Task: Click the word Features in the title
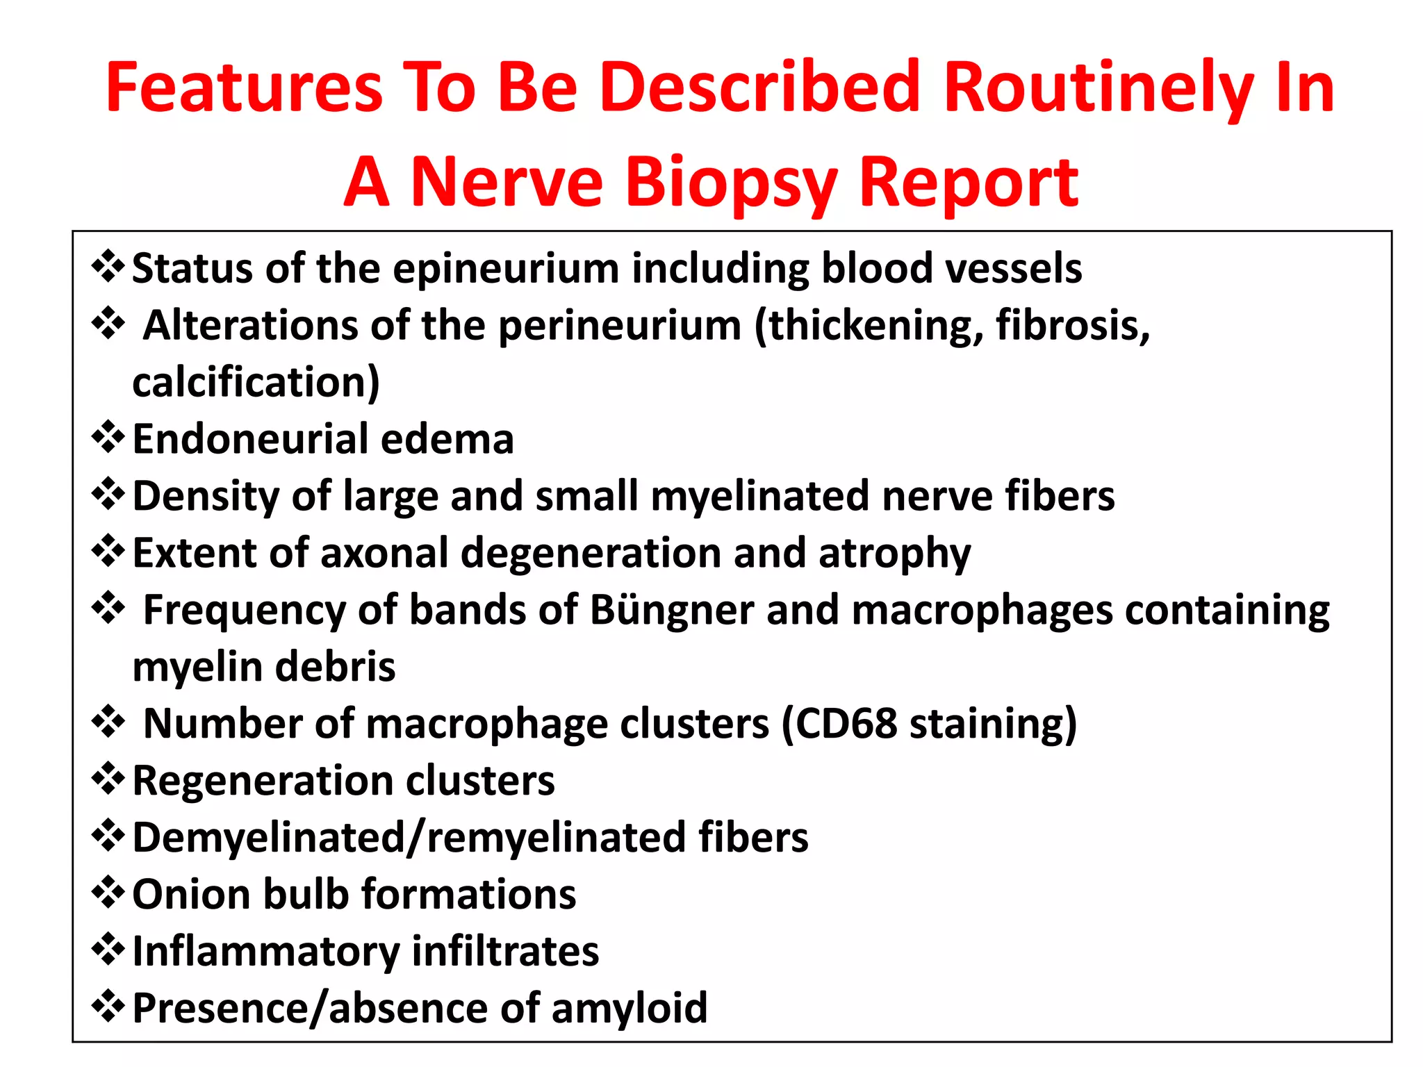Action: (x=244, y=88)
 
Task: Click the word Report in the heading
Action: (x=969, y=182)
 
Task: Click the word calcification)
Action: (x=256, y=383)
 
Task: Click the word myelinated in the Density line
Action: (x=760, y=497)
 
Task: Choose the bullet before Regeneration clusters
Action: (x=108, y=779)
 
